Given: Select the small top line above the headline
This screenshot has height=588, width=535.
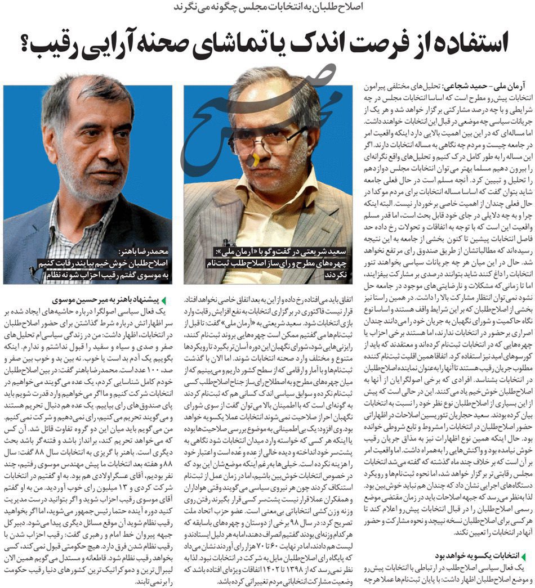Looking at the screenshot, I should tap(270, 7).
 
